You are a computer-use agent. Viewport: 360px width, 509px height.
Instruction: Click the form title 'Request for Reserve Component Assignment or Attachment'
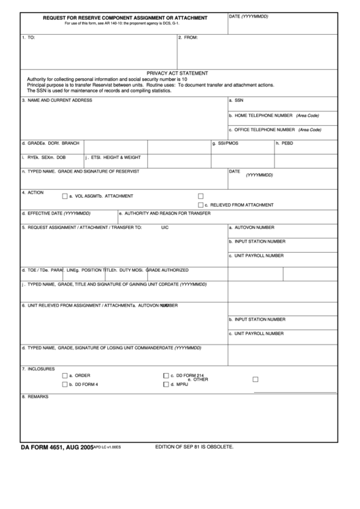point(125,17)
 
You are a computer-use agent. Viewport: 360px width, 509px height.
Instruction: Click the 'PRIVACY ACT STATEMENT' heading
point(177,73)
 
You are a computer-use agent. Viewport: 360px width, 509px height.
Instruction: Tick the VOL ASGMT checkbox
point(65,196)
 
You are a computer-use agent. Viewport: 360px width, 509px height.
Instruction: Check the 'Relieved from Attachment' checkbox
point(201,205)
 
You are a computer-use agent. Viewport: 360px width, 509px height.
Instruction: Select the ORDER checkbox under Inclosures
point(65,375)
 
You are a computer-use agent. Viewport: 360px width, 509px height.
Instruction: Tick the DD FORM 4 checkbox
point(65,384)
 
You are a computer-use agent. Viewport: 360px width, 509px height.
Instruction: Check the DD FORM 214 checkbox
point(166,375)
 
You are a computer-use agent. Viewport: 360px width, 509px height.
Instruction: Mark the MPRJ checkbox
point(166,384)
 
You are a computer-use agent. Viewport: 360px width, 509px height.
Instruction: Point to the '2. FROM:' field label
point(187,37)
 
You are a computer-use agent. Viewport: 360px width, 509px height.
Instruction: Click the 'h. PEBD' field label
point(284,143)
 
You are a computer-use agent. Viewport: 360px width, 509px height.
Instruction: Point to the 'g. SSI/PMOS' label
point(226,143)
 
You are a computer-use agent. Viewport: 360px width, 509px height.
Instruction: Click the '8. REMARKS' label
point(35,396)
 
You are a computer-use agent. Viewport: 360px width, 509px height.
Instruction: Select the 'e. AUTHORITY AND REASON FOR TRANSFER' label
point(164,213)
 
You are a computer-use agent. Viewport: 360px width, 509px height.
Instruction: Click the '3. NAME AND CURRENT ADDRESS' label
point(56,100)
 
